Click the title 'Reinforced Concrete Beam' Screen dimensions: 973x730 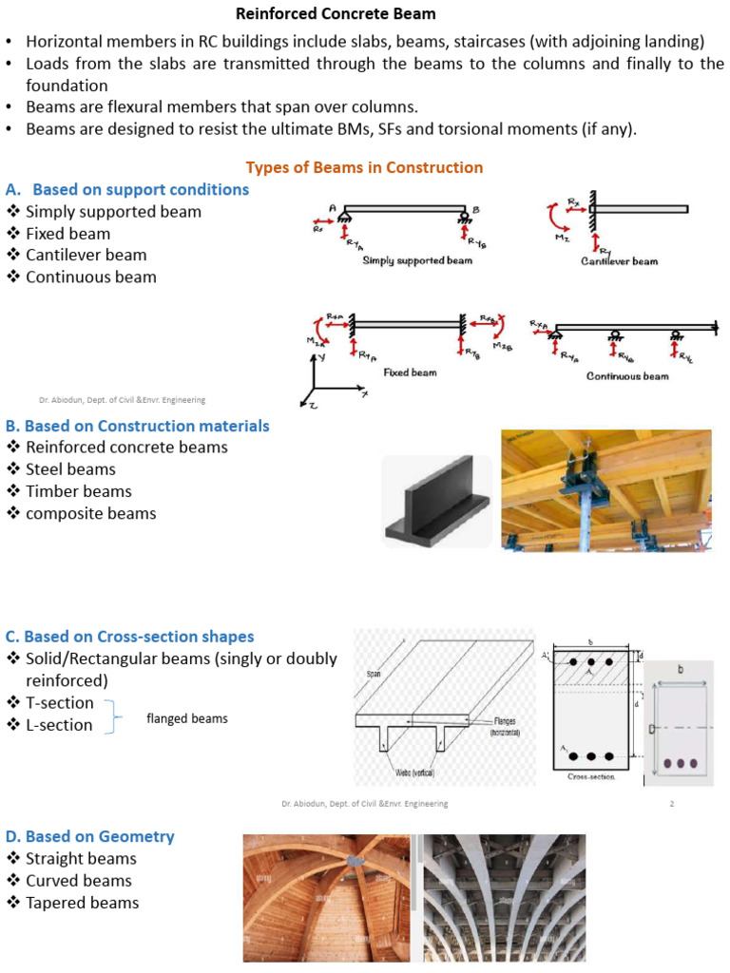click(x=336, y=13)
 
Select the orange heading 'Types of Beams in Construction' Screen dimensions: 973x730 click(x=364, y=167)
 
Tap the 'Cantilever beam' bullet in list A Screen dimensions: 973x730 click(x=86, y=255)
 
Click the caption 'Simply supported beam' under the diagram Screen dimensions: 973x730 click(x=416, y=260)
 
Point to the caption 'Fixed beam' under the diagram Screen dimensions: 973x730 click(x=410, y=372)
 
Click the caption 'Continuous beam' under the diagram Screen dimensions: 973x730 click(x=627, y=375)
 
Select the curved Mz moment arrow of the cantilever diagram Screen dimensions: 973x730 click(x=553, y=219)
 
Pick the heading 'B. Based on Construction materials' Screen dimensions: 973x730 click(x=137, y=426)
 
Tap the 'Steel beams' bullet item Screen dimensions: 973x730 click(x=70, y=469)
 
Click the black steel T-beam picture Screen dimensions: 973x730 click(x=436, y=501)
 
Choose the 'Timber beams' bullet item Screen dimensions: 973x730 click(x=78, y=491)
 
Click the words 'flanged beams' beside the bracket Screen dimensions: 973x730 click(x=186, y=718)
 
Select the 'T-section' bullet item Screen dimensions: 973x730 click(x=59, y=703)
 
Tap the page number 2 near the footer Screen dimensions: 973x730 click(x=671, y=804)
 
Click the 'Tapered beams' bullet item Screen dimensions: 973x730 click(x=82, y=903)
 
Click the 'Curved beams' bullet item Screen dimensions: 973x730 click(x=78, y=881)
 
